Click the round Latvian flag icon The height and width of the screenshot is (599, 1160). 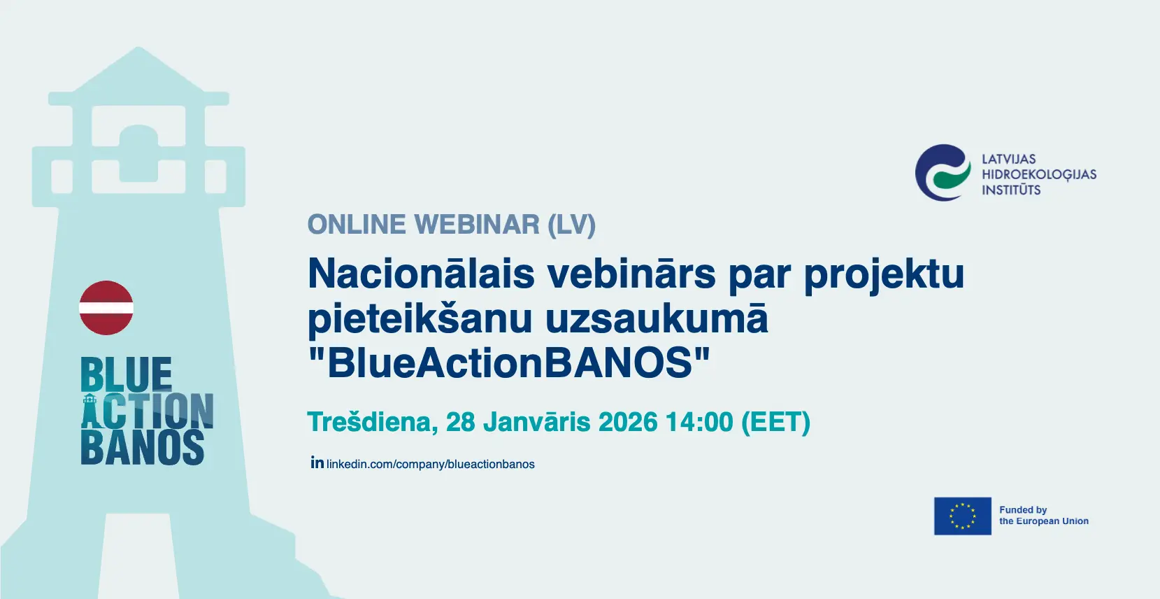pyautogui.click(x=106, y=308)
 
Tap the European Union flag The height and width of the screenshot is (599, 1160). pyautogui.click(x=962, y=516)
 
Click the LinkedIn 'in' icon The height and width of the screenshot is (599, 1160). pyautogui.click(x=317, y=463)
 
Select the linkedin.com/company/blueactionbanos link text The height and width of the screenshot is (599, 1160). pyautogui.click(x=430, y=464)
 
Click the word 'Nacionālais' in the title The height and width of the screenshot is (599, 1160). pyautogui.click(x=421, y=274)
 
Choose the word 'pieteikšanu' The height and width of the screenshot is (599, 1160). pyautogui.click(x=420, y=319)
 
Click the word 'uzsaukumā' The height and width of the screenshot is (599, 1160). pyautogui.click(x=657, y=319)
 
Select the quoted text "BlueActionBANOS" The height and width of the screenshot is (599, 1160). pyautogui.click(x=508, y=363)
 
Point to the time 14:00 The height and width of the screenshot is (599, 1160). pyautogui.click(x=700, y=422)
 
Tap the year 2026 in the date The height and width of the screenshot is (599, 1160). pyautogui.click(x=628, y=422)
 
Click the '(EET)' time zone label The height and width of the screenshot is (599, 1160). pyautogui.click(x=775, y=422)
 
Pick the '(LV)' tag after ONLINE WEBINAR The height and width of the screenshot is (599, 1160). pyautogui.click(x=572, y=225)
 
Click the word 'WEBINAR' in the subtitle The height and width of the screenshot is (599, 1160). pyautogui.click(x=477, y=225)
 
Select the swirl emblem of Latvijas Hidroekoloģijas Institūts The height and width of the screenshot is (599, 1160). pyautogui.click(x=943, y=173)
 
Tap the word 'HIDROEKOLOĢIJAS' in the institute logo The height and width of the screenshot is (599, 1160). pyautogui.click(x=1039, y=175)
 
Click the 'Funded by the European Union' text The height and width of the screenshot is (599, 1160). pyautogui.click(x=1044, y=516)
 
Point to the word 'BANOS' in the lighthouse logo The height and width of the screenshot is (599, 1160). pyautogui.click(x=143, y=448)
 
